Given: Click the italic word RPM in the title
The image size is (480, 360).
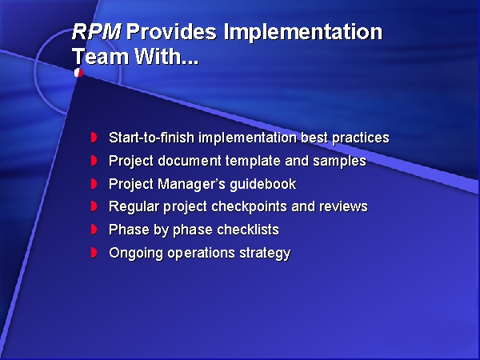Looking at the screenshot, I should [x=97, y=33].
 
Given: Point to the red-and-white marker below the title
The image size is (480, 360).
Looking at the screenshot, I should [x=78, y=73].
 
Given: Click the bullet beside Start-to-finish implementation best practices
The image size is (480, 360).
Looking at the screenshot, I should [x=94, y=138].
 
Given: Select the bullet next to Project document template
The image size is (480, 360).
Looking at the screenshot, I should [x=94, y=161].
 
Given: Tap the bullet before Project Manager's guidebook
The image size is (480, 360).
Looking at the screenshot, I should [x=94, y=184].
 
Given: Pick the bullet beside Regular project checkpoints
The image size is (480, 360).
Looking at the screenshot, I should [x=94, y=206].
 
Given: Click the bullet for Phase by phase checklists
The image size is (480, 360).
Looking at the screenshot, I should [x=94, y=230].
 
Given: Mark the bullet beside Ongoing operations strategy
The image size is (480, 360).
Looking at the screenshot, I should [x=94, y=253].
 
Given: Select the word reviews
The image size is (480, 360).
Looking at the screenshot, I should [x=343, y=206].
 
